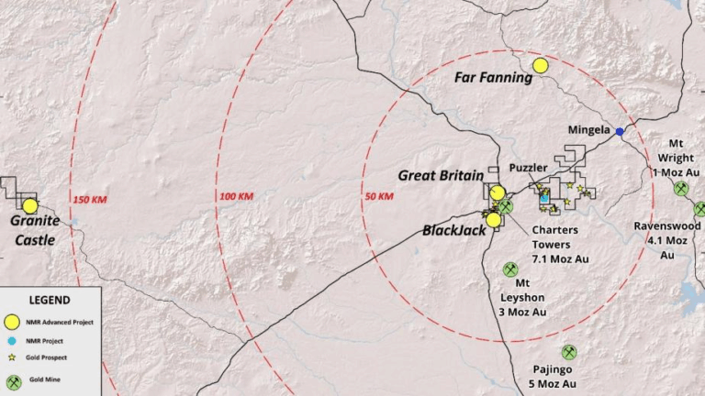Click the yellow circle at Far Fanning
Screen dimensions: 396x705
click(x=540, y=65)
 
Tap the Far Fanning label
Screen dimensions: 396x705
click(x=493, y=78)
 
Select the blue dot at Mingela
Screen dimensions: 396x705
click(x=620, y=132)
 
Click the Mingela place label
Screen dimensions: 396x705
click(x=588, y=129)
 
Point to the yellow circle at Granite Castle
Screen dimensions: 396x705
click(x=30, y=206)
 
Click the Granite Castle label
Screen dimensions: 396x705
click(x=35, y=230)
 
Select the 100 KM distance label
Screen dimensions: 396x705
click(x=236, y=196)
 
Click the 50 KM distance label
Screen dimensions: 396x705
click(x=379, y=196)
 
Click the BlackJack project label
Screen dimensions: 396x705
click(x=453, y=230)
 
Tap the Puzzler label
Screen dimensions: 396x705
click(x=528, y=168)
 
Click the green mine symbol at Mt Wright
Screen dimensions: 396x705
click(x=681, y=188)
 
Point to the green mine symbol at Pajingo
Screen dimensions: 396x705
click(x=569, y=352)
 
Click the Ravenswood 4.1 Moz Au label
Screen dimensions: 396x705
click(x=667, y=240)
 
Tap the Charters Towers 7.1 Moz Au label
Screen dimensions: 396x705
click(x=559, y=245)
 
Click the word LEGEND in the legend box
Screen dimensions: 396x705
click(x=50, y=300)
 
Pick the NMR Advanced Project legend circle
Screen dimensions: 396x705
click(x=12, y=322)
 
